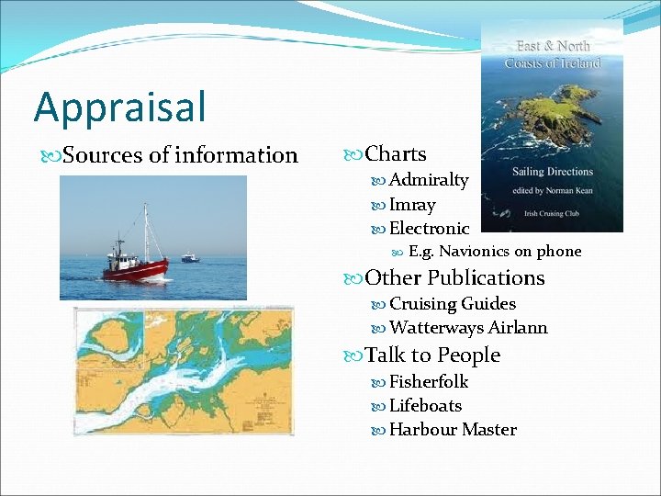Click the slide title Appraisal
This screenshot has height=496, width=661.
120,107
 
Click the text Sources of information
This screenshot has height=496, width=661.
180,155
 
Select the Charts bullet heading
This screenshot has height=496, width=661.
395,154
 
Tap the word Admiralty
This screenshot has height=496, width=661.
428,180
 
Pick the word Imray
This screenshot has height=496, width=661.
412,204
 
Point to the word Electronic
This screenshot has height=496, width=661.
429,228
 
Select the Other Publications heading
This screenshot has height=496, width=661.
454,277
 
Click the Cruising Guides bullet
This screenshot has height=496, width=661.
452,303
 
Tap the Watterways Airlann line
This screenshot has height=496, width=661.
468,327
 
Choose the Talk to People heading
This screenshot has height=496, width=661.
432,355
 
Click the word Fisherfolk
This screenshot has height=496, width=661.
429,381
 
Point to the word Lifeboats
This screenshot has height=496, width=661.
425,405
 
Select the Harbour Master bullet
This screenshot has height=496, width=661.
453,429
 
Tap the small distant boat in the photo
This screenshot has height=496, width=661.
190,258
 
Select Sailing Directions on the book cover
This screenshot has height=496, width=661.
554,172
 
